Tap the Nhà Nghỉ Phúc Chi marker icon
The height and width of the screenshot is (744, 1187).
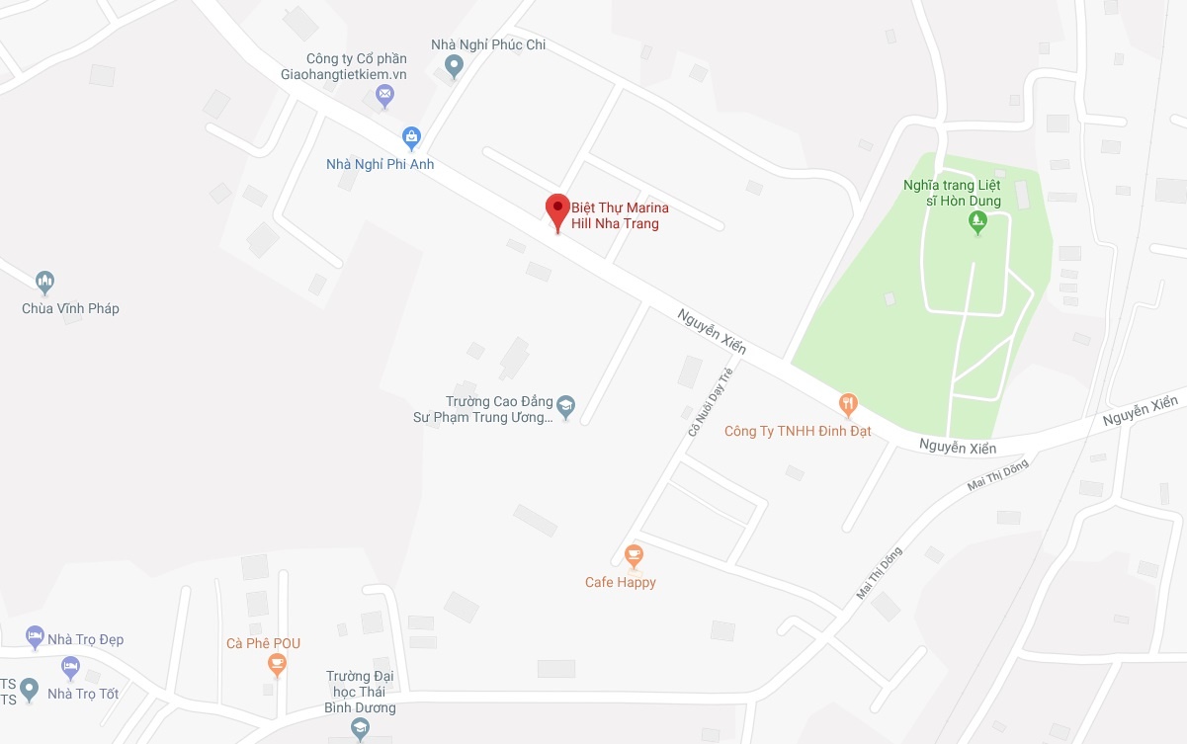454,66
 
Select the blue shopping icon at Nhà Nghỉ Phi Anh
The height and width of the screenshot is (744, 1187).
411,136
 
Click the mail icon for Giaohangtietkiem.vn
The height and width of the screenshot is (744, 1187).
385,96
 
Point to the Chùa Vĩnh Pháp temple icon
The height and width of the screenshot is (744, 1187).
44,284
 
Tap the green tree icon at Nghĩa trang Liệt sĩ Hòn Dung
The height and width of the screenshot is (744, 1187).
977,223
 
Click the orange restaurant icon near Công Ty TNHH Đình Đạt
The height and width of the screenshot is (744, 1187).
848,403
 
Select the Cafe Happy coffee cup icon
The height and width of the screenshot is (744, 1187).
634,555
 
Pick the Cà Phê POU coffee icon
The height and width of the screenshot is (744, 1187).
278,665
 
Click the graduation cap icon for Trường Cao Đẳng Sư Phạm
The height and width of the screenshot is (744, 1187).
565,406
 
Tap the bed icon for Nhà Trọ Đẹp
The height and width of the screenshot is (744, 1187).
35,634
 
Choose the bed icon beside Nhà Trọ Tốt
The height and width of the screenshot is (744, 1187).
70,668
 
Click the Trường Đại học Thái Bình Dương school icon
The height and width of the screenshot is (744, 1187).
360,729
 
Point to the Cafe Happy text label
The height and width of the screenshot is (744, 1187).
621,582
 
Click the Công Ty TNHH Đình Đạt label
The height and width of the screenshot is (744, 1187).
798,431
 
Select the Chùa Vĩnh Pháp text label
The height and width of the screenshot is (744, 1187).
70,308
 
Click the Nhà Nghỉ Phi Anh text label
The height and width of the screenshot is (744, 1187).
381,164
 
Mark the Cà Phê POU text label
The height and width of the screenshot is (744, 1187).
263,643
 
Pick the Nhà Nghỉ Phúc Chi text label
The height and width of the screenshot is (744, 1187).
488,44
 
